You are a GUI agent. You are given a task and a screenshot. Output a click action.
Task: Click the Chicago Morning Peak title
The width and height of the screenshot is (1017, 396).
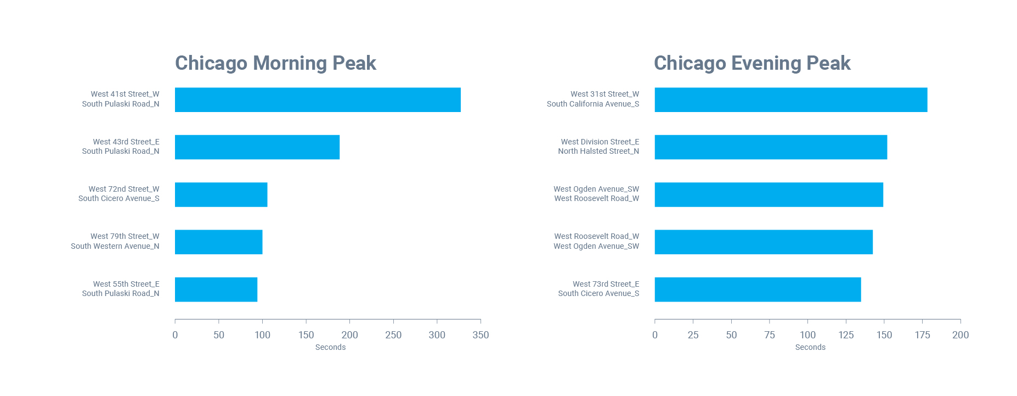[x=275, y=63]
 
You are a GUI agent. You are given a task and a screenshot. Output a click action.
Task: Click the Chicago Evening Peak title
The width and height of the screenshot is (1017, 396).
[x=752, y=63]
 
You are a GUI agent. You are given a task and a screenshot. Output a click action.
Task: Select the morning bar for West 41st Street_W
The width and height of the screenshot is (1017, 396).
[x=318, y=100]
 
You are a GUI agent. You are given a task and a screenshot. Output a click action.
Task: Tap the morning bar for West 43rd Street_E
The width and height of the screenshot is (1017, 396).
[x=257, y=147]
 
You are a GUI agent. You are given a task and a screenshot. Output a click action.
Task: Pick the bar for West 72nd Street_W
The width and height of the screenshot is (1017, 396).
[x=221, y=194]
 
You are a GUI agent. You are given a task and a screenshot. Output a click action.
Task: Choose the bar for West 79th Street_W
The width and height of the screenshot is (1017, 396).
[x=218, y=242]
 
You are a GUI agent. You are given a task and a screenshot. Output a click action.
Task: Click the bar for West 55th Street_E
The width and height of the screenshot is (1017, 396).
[x=216, y=289]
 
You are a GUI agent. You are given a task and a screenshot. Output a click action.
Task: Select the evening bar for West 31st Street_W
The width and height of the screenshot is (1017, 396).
[x=790, y=100]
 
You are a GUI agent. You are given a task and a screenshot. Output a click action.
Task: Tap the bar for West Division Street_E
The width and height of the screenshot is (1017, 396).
[x=771, y=147]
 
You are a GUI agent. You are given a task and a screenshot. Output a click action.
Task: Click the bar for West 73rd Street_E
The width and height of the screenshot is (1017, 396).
[x=758, y=289]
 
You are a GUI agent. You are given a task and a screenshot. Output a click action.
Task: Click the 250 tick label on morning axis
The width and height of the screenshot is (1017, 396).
[x=393, y=334]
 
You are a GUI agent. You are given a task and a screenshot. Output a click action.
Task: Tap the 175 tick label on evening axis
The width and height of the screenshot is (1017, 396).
[x=922, y=334]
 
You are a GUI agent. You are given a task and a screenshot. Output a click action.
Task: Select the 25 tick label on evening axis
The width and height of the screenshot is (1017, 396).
[x=693, y=334]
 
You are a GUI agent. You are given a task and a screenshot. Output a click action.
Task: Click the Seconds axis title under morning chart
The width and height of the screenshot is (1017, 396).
[x=330, y=347]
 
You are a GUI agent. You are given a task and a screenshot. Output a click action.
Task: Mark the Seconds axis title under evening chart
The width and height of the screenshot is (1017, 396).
[x=810, y=347]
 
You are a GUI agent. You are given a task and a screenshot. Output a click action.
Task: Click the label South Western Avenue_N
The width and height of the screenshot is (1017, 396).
[x=115, y=246]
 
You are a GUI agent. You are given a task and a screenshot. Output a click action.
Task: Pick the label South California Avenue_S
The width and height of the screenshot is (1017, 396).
[x=592, y=104]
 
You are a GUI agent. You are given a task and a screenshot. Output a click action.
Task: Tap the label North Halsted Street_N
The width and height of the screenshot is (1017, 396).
[x=598, y=151]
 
